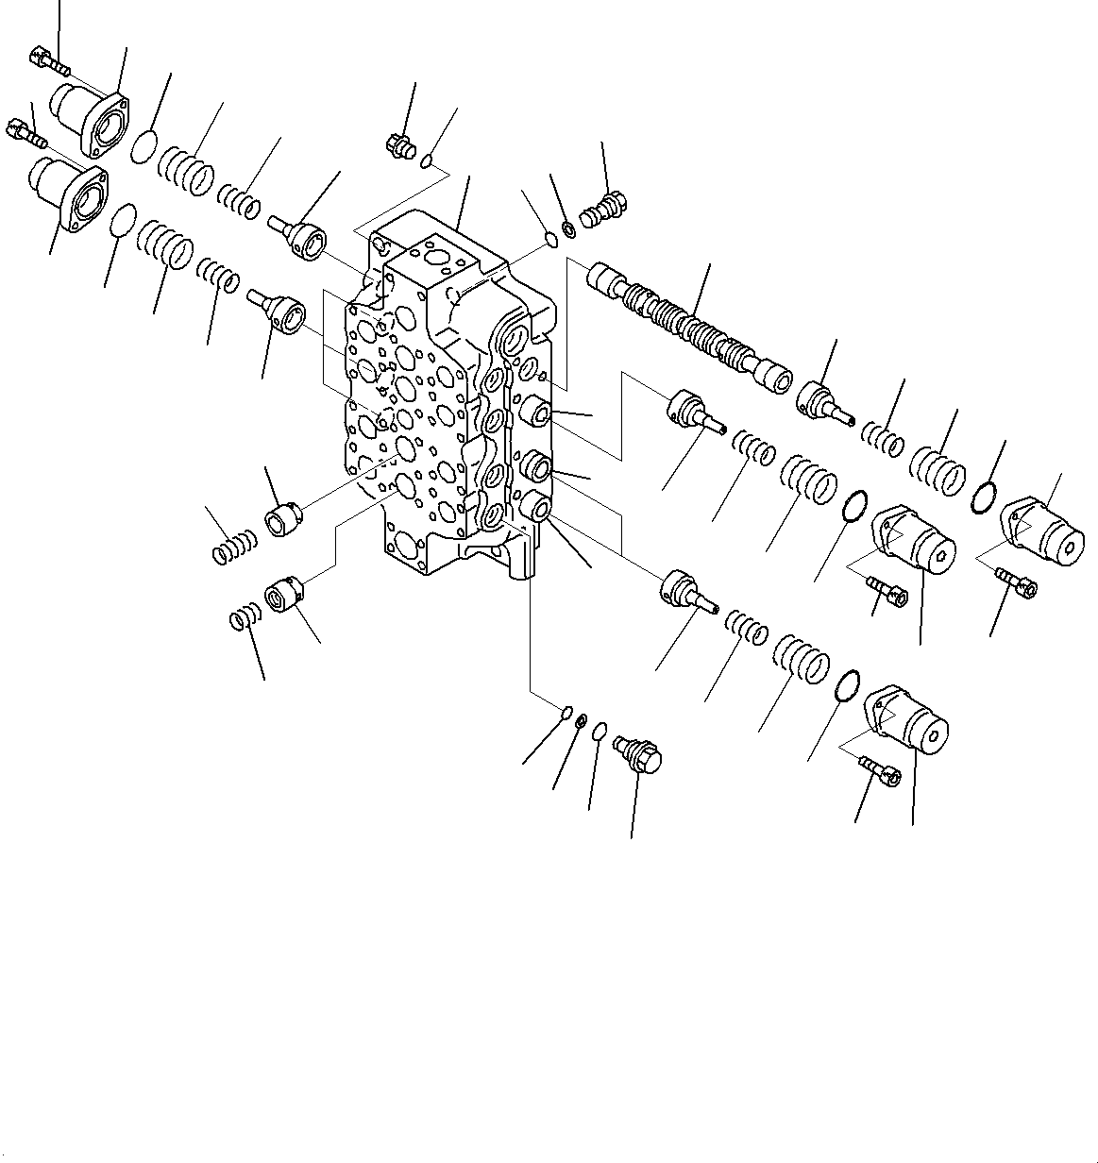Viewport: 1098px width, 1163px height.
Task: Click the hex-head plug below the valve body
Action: pos(638,755)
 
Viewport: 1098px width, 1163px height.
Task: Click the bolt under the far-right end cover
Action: pos(1016,583)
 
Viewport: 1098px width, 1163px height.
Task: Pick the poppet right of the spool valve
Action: pos(823,400)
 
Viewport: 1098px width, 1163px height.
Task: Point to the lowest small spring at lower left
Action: pos(244,619)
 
